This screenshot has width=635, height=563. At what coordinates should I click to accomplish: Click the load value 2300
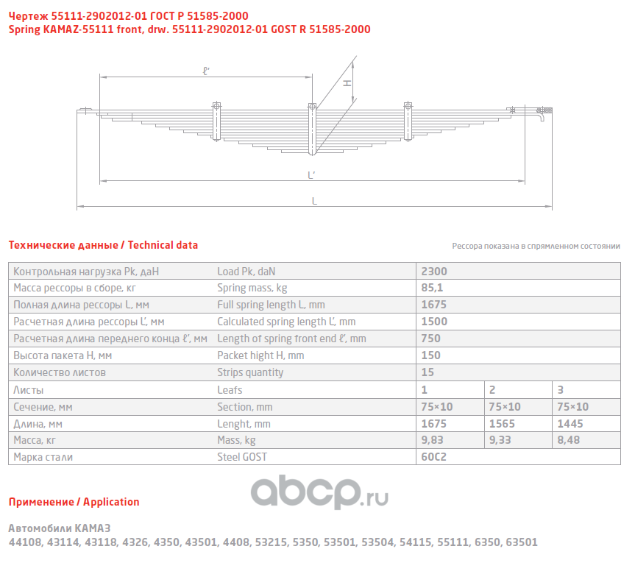pyautogui.click(x=433, y=271)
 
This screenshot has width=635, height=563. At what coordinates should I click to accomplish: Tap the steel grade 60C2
pyautogui.click(x=433, y=457)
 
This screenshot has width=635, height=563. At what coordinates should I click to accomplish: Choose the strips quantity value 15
pyautogui.click(x=427, y=372)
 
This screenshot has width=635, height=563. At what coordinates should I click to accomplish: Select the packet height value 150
pyautogui.click(x=430, y=355)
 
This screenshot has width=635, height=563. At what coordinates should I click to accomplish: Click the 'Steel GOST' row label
pyautogui.click(x=242, y=457)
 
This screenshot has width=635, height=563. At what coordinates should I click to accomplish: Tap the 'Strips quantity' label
pyautogui.click(x=250, y=372)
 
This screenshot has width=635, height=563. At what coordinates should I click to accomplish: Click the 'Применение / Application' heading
pyautogui.click(x=74, y=502)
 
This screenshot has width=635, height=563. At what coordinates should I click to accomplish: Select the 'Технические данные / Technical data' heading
pyautogui.click(x=103, y=245)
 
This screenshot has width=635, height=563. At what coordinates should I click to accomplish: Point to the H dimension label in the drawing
pyautogui.click(x=348, y=83)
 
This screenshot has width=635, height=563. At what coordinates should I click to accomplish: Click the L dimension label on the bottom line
pyautogui.click(x=315, y=200)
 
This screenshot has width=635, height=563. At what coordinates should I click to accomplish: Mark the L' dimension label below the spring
pyautogui.click(x=312, y=174)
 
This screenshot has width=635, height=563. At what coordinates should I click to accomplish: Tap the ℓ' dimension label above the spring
pyautogui.click(x=207, y=71)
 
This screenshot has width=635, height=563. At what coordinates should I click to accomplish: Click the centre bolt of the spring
pyautogui.click(x=312, y=129)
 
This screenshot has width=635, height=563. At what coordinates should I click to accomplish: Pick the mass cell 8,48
pyautogui.click(x=568, y=440)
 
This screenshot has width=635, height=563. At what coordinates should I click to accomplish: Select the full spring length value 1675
pyautogui.click(x=433, y=305)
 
